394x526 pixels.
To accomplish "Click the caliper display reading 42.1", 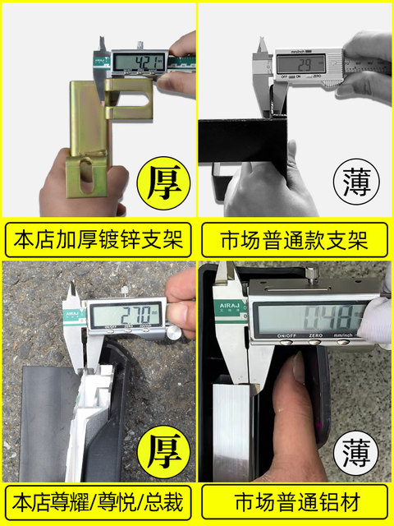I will point(139,62).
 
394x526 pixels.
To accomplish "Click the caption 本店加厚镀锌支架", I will point(99,241).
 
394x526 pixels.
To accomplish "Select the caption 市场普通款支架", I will point(295,241).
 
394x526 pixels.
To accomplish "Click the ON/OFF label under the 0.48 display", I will point(286,336).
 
